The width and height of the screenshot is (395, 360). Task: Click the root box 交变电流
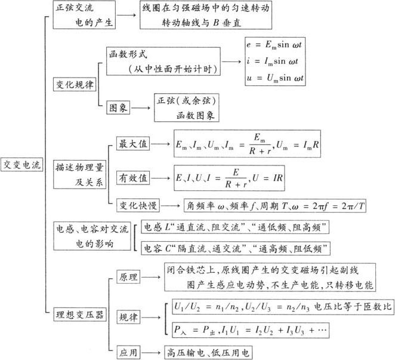click(21, 165)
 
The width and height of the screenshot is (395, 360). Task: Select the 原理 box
click(128, 277)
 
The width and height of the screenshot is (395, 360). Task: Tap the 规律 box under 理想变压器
click(128, 316)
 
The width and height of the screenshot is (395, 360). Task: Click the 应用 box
click(128, 352)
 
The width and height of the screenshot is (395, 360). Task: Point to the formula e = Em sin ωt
click(276, 44)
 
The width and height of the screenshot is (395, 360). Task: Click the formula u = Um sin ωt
click(276, 78)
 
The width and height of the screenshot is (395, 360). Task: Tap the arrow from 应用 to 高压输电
click(152, 352)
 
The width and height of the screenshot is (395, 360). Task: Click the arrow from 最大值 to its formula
click(160, 144)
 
